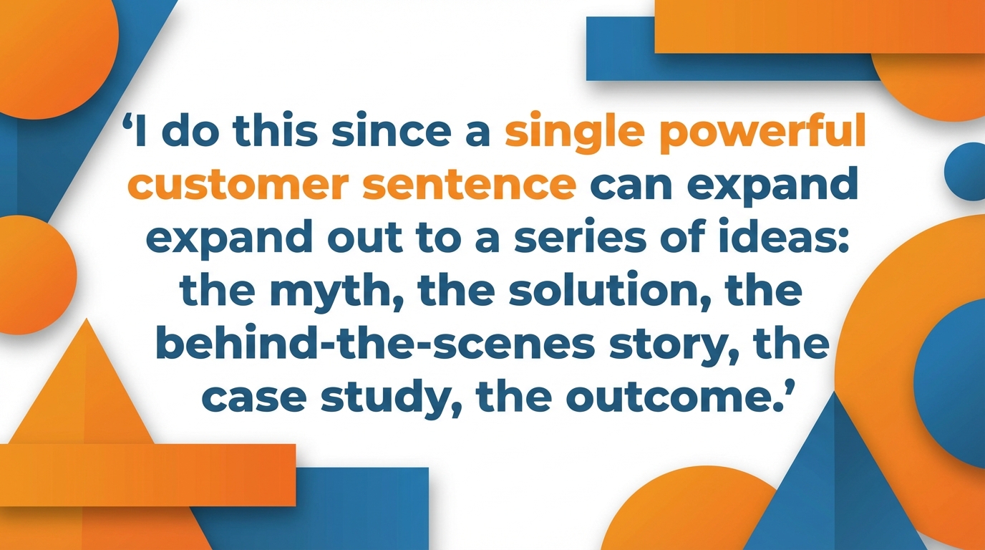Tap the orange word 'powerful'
click(x=762, y=135)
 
